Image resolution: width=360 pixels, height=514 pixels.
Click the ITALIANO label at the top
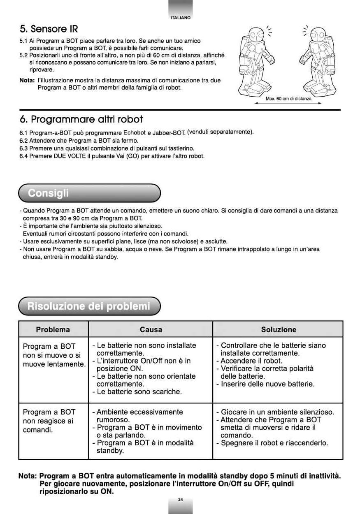point(180,18)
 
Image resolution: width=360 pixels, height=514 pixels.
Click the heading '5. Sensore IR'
point(49,29)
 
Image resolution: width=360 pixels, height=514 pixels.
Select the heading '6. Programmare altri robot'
point(81,120)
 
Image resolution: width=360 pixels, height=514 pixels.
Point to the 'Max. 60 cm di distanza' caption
point(288,99)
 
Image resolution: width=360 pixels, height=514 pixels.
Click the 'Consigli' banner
point(48,193)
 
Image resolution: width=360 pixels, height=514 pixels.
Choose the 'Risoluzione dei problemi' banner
point(89,306)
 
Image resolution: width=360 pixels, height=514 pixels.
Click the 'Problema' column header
point(53,329)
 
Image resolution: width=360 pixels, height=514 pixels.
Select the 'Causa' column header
point(151,329)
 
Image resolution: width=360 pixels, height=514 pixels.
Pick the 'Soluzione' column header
point(279,329)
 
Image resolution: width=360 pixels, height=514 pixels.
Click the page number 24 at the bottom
point(180,499)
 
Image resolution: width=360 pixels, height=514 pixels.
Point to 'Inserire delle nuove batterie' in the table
point(267,384)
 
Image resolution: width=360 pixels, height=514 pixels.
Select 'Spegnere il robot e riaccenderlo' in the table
point(274,443)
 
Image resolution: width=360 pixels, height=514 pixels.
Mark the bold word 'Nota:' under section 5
point(27,81)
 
